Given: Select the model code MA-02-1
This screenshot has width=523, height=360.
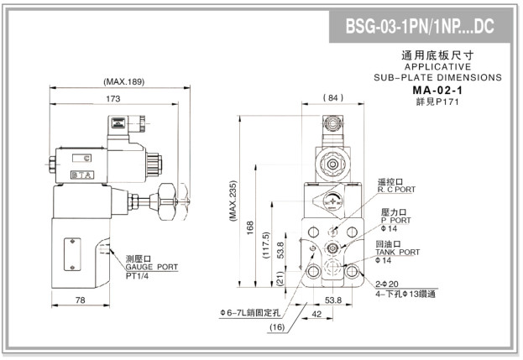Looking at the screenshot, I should point(439,91).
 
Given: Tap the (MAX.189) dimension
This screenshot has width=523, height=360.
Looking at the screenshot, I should point(123,82).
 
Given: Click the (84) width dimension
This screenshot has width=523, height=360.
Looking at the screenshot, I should point(333,98).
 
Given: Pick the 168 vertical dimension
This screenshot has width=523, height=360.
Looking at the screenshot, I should point(250,227).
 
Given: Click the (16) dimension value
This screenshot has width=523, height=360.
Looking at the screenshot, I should point(277,328).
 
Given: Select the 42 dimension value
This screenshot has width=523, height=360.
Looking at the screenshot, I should point(316,315).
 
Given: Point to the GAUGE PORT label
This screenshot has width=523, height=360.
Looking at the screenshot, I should point(152,266).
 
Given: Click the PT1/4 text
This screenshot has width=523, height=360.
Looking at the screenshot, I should point(140,275).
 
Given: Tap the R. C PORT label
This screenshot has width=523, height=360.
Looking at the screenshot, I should point(396,190).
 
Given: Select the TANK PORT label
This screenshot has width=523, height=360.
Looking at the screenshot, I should point(399,252).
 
